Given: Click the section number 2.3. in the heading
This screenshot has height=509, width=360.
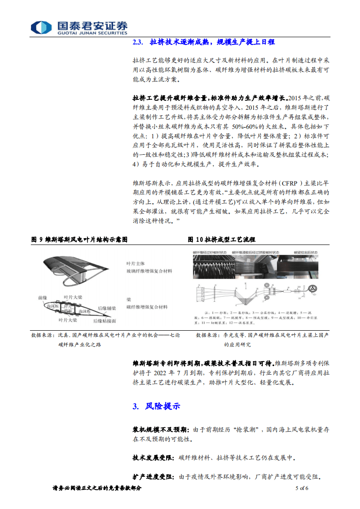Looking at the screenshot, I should [x=138, y=42].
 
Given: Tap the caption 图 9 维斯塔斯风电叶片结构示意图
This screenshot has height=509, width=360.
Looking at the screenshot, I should [x=79, y=239].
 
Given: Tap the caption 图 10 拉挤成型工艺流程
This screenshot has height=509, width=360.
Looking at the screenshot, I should [x=222, y=239].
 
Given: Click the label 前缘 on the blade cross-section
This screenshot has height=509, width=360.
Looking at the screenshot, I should [x=43, y=298].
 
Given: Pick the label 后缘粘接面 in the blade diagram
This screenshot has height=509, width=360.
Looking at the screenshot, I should [x=104, y=321].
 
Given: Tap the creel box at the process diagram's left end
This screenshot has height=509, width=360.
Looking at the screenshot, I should [x=198, y=292].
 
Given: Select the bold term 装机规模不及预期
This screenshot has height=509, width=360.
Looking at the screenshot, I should [x=159, y=429].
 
